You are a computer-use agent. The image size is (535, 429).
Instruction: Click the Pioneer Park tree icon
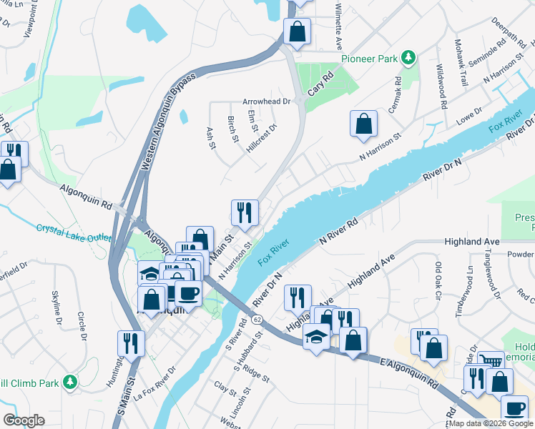pos(408,56)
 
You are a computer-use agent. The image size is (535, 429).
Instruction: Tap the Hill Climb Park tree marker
pos(69,382)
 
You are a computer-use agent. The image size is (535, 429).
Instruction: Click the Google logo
pos(23,420)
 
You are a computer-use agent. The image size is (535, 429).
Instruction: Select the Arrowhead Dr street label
pos(266,102)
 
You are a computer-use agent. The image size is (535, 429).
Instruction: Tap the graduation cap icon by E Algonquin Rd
pos(315,335)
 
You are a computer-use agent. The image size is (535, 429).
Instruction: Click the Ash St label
pos(210,139)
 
